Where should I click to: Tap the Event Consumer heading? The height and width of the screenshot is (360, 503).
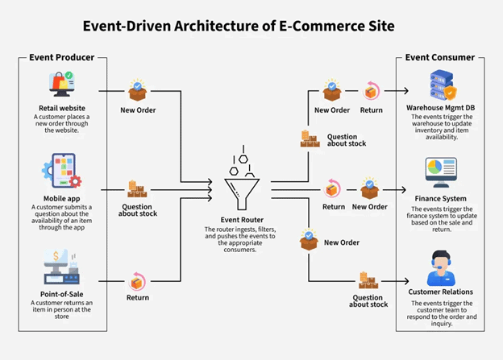coord(440,57)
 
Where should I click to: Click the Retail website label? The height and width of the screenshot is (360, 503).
coord(61,108)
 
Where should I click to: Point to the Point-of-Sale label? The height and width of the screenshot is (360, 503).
coord(61,294)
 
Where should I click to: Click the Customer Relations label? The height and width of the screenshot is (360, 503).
coord(440,292)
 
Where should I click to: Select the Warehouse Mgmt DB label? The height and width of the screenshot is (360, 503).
coord(440,107)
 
